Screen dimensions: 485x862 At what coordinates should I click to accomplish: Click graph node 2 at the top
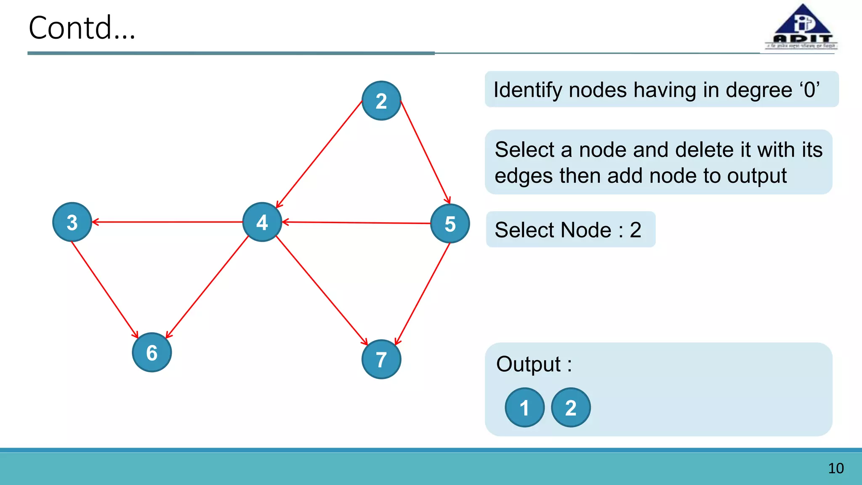[x=381, y=101]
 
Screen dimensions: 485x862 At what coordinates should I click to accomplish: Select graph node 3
[x=72, y=222]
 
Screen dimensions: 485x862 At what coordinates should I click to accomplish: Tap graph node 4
[x=262, y=222]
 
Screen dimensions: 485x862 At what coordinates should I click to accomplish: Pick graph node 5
[x=450, y=224]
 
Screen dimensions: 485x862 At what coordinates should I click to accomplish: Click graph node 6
[x=152, y=352]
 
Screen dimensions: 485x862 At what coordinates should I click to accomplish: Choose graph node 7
[x=381, y=359]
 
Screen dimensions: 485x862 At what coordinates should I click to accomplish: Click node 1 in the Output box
[x=524, y=408]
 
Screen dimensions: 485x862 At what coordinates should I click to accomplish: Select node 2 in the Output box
[x=571, y=408]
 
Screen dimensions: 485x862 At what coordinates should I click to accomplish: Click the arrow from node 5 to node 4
[x=356, y=223]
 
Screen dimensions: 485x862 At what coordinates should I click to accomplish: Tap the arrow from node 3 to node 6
[x=105, y=290]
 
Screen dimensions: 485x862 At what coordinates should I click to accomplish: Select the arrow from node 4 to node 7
[x=322, y=290]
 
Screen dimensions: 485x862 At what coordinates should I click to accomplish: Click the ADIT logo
[x=802, y=27]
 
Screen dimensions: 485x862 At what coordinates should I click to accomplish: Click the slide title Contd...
[x=82, y=28]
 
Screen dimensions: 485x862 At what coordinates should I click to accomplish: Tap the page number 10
[x=835, y=468]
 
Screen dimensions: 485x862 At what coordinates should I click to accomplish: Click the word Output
[x=528, y=364]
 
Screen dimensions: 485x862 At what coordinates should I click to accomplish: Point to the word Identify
[x=527, y=90]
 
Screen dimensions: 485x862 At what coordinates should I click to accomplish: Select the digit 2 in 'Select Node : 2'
[x=635, y=230]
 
